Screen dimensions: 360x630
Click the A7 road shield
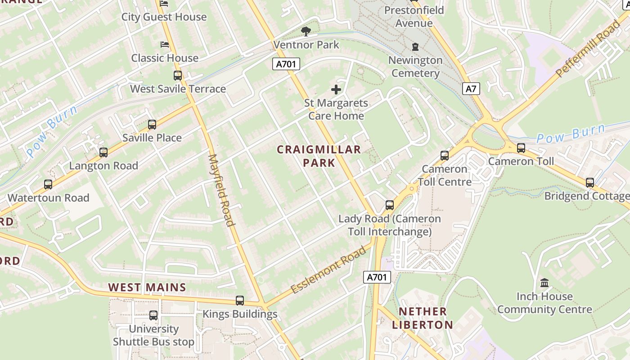pos(471,89)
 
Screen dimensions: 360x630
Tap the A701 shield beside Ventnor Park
pos(286,64)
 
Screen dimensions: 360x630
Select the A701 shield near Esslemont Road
pos(377,277)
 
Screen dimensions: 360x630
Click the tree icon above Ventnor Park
pos(306,31)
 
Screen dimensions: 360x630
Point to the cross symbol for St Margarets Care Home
pos(336,89)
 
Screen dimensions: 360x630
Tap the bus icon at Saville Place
pos(152,125)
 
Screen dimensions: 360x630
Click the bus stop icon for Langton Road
pos(103,153)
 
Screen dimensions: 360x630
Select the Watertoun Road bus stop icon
pos(48,184)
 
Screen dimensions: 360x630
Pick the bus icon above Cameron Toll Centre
pos(445,156)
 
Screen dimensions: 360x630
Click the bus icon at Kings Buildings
pos(240,301)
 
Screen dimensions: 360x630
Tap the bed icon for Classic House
pos(165,45)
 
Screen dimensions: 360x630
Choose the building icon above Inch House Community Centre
pos(544,283)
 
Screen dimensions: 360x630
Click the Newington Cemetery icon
pos(415,47)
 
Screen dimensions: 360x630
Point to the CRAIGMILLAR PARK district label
pos(319,156)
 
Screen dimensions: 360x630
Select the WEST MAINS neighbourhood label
pos(147,287)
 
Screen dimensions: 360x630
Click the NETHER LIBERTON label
pos(423,318)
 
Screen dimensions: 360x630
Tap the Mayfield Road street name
pos(221,190)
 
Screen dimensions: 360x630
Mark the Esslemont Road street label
pos(328,270)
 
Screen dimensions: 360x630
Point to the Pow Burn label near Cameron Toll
pos(571,134)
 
